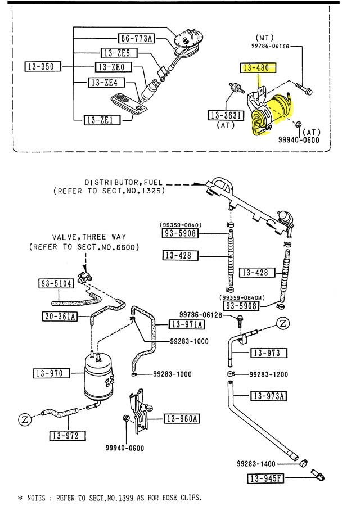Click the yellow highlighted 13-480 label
259,68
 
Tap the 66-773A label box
136,39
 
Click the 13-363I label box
224,116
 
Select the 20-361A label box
59,317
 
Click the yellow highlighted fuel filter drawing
271,112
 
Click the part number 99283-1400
257,464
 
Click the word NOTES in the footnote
41,498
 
